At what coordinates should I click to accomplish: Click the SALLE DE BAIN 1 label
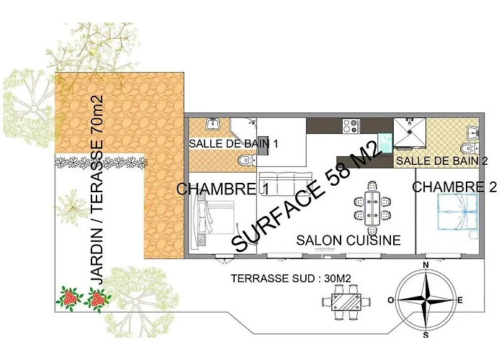tap(233, 143)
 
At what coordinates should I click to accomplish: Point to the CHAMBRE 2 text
tap(455, 188)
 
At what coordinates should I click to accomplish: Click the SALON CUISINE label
tap(348, 240)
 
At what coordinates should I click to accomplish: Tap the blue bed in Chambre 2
tap(453, 216)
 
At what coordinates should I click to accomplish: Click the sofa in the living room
tap(285, 181)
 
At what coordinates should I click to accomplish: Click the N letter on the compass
tap(426, 266)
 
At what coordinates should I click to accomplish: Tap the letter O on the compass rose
tap(390, 300)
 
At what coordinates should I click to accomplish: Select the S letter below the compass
tap(426, 335)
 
